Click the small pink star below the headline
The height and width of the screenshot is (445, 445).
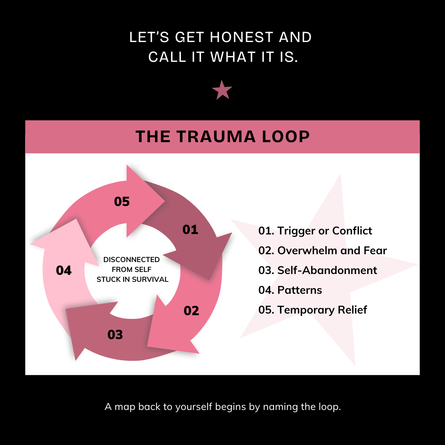(x=222, y=90)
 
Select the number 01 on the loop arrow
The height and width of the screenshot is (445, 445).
(x=190, y=230)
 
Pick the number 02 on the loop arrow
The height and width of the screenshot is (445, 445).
(x=191, y=311)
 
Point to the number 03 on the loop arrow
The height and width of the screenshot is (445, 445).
(x=115, y=335)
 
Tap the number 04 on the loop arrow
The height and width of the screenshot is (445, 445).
(x=64, y=271)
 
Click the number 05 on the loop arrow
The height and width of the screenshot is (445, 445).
(x=122, y=201)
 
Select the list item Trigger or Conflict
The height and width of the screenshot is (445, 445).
(x=315, y=231)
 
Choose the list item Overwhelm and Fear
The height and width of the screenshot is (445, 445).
(x=323, y=251)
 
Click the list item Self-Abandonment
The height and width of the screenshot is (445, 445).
(x=318, y=270)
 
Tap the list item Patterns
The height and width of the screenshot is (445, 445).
(x=290, y=290)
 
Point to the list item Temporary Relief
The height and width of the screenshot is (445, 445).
(x=313, y=310)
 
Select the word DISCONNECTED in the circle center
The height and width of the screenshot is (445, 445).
(x=131, y=260)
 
